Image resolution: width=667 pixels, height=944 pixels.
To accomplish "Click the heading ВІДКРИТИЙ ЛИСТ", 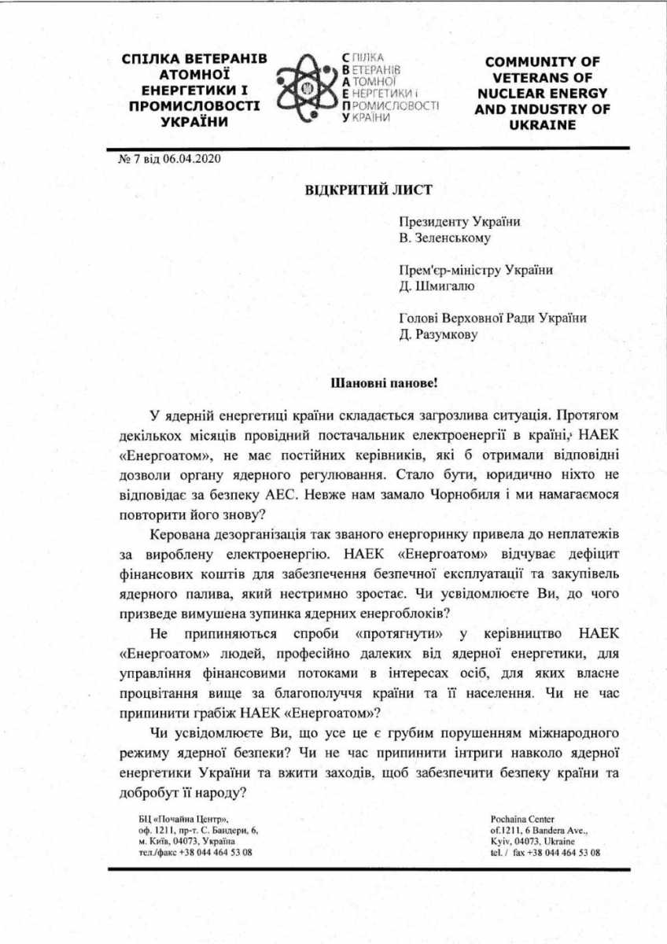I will coord(369,189).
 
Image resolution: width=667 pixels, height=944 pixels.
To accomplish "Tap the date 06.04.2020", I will coord(193,157).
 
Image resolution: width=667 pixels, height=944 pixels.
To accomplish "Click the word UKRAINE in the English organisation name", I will coord(542,125).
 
